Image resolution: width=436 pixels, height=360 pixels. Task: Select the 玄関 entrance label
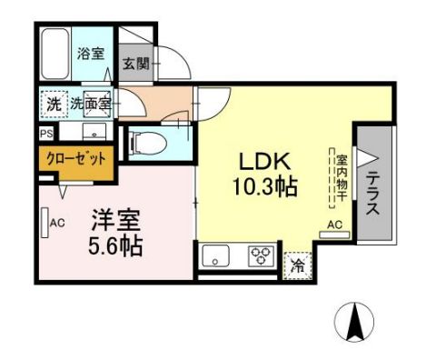coord(136,65)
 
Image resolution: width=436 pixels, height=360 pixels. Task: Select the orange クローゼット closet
coord(76,158)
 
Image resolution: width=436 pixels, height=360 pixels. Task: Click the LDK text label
coord(264,162)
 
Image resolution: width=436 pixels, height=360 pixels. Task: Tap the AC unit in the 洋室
coord(46,222)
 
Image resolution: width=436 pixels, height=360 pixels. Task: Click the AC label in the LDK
coord(333,225)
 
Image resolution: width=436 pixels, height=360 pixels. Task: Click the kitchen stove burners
coord(262,255)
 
